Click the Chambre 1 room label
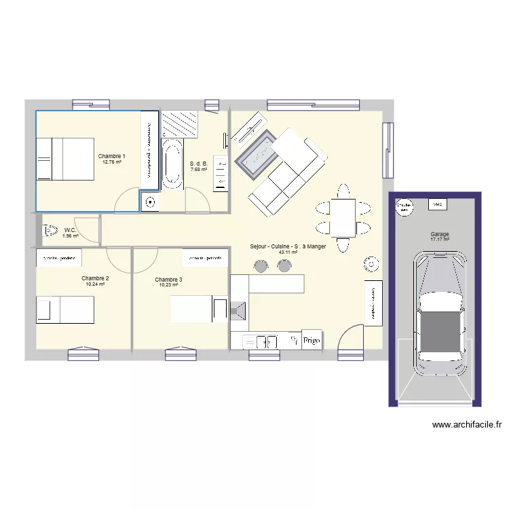[x=111, y=156]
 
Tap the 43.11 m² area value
[x=288, y=252]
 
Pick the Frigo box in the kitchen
[x=312, y=340]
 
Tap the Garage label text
[x=439, y=235]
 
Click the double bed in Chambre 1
[x=65, y=159]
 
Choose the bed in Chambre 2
[x=65, y=309]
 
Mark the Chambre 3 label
[x=168, y=280]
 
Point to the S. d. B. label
[x=198, y=164]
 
